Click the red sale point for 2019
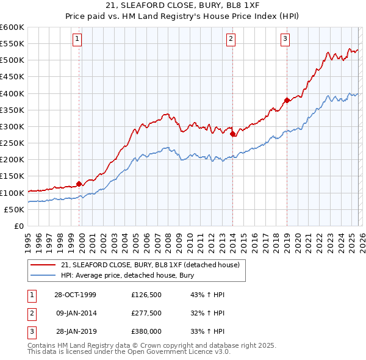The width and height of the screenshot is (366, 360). pyautogui.click(x=287, y=101)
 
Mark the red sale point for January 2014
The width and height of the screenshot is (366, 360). pyautogui.click(x=232, y=134)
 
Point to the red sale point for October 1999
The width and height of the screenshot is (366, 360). pyautogui.click(x=79, y=184)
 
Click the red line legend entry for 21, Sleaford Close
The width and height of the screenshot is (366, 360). pyautogui.click(x=152, y=265)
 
